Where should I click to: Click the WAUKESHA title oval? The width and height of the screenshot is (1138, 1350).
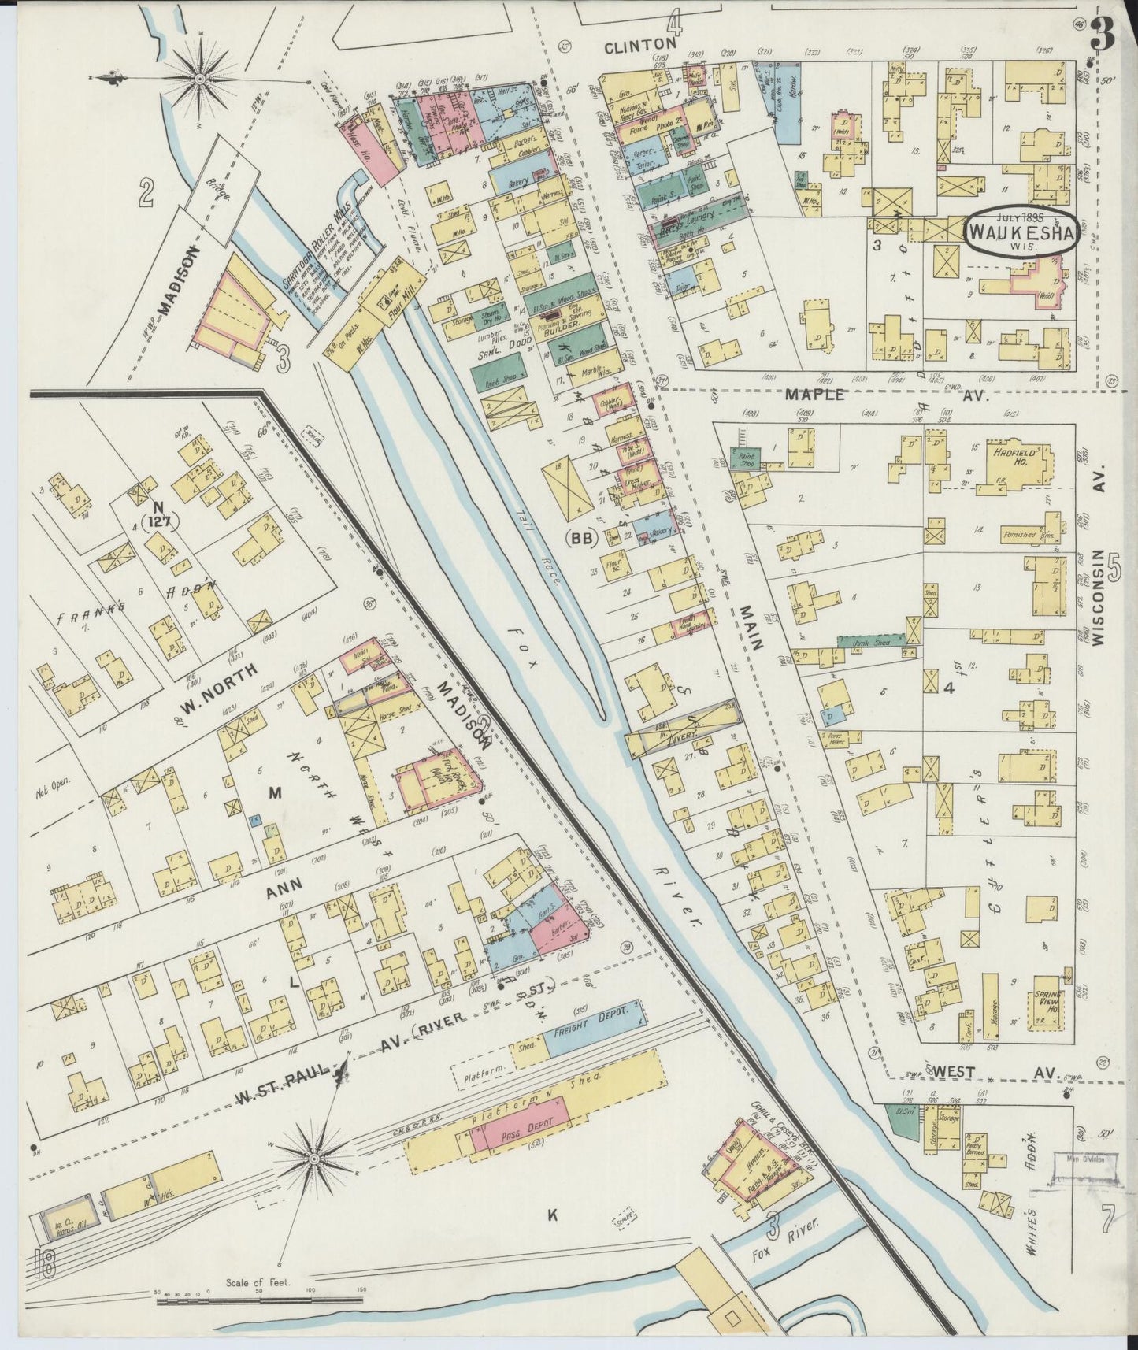[1021, 230]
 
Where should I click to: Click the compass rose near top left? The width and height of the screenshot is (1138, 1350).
[199, 79]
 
